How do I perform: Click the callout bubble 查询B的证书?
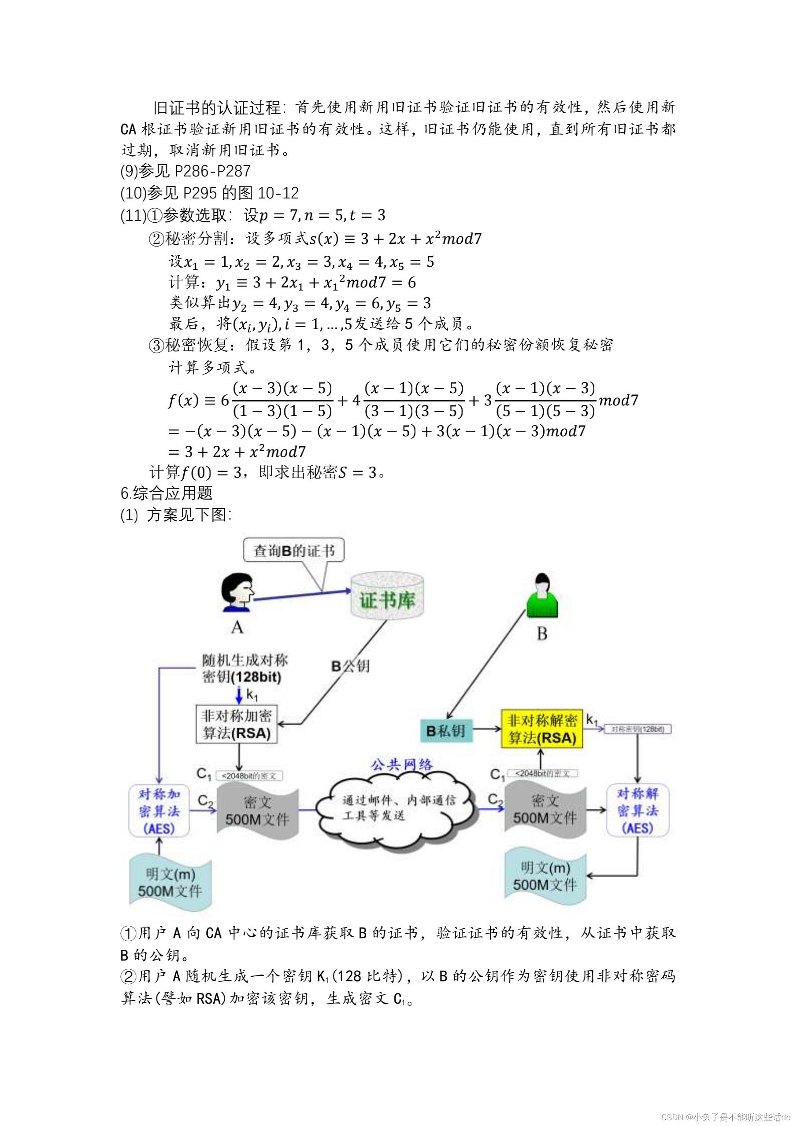(x=293, y=550)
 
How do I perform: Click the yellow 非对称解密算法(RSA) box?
(x=541, y=729)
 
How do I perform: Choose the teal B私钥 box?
(x=446, y=731)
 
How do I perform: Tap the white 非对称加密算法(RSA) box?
(x=237, y=725)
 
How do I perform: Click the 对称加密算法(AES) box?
(x=159, y=811)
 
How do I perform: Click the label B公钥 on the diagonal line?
(x=350, y=666)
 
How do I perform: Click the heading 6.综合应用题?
(x=167, y=493)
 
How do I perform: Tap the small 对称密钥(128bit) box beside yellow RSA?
(x=638, y=729)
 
